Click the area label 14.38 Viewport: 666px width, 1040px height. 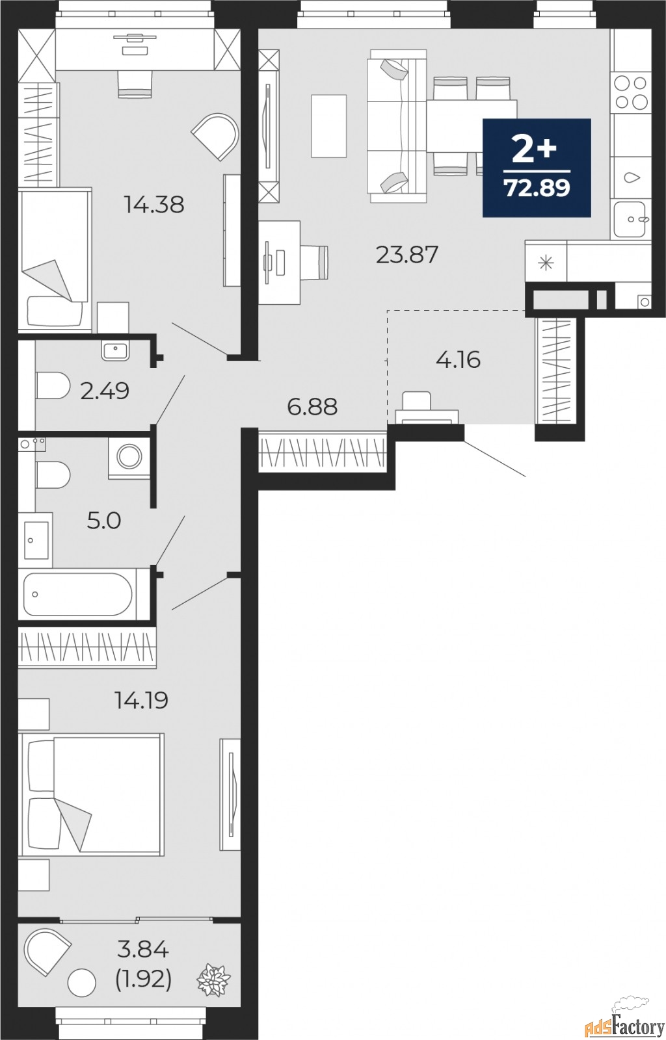(154, 204)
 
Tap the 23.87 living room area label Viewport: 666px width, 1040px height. (407, 255)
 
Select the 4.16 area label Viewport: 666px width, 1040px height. (458, 360)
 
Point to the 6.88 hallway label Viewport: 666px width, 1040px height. (312, 407)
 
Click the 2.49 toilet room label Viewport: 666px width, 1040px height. (105, 391)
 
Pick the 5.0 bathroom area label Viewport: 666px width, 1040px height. (104, 521)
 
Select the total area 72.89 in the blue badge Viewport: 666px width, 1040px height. (537, 188)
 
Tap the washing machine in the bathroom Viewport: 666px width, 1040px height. (129, 458)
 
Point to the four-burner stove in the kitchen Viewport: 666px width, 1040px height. (631, 92)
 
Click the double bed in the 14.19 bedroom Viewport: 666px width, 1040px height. (92, 794)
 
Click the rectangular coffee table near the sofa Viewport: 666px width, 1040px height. (329, 126)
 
